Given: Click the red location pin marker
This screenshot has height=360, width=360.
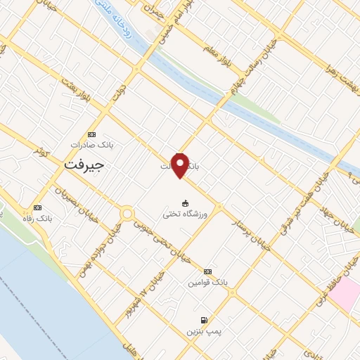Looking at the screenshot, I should pos(181,164).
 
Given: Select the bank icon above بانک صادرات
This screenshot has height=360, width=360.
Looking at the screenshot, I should pos(91,134).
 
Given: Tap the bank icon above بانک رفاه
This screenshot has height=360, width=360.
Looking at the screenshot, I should pos(37,208).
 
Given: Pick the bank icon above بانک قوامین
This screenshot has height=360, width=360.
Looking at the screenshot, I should pos(207,271).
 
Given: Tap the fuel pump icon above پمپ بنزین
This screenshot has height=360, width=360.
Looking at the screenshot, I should pos(204,319).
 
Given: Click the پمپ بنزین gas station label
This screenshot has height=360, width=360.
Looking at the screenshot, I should pos(203,330).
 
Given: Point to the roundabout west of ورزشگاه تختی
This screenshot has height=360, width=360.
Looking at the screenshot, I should pos(127,212).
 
